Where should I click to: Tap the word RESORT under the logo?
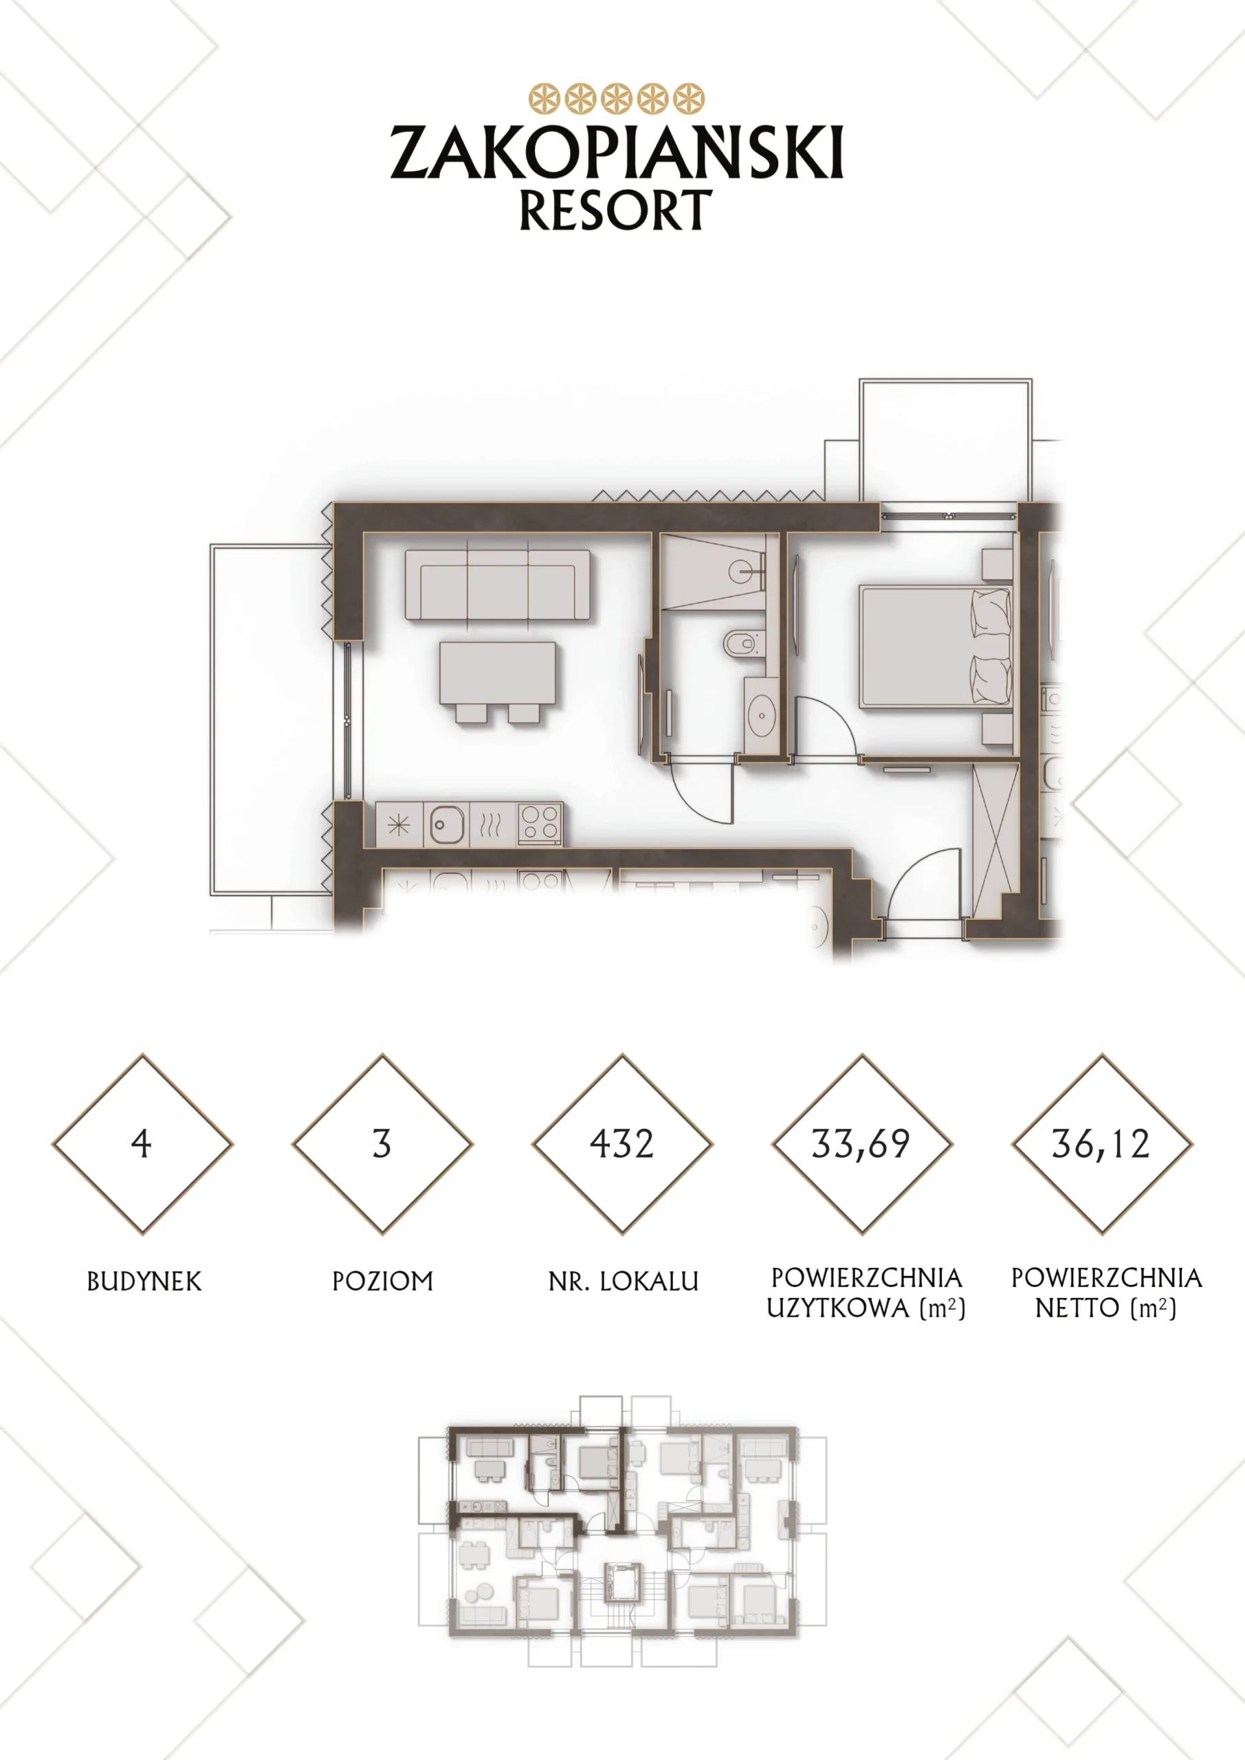pyautogui.click(x=615, y=210)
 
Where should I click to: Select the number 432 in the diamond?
pyautogui.click(x=621, y=1144)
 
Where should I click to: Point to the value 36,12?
pyautogui.click(x=1101, y=1145)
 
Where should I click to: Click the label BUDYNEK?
pyautogui.click(x=144, y=1281)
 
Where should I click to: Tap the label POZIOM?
pyautogui.click(x=382, y=1281)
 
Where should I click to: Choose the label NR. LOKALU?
pyautogui.click(x=624, y=1281)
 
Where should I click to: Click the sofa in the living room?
pyautogui.click(x=498, y=584)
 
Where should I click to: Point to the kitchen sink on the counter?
pyautogui.click(x=446, y=825)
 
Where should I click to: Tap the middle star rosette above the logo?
pyautogui.click(x=617, y=99)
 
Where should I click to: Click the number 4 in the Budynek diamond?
pyautogui.click(x=142, y=1144)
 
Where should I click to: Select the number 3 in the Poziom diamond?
pyautogui.click(x=382, y=1144)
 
